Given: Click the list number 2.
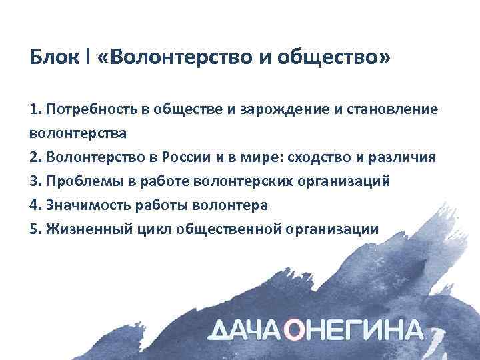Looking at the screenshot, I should (x=35, y=157).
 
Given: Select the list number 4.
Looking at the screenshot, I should (x=35, y=205).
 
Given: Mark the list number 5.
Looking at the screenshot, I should (x=35, y=229).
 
